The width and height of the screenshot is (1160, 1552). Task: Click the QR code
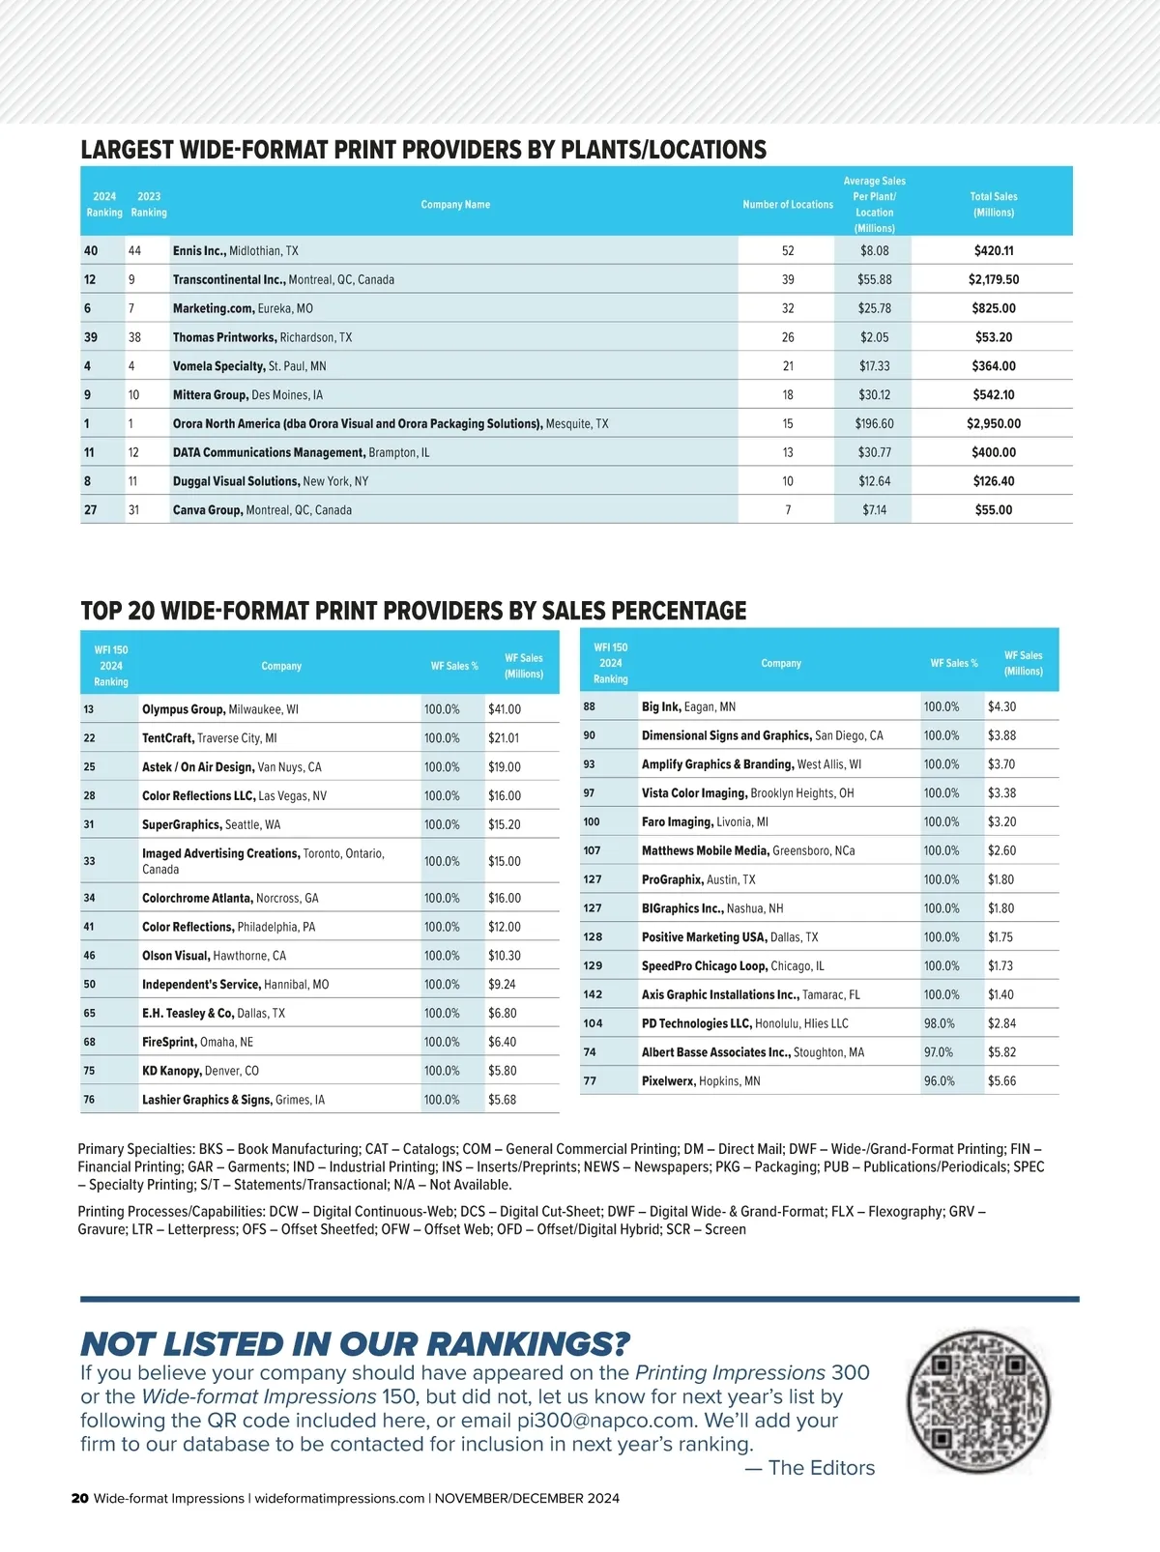click(x=978, y=1400)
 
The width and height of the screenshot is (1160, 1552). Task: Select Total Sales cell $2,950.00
click(x=993, y=423)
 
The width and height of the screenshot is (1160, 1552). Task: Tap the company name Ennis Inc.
click(x=199, y=250)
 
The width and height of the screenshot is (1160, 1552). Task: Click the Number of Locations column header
click(x=787, y=204)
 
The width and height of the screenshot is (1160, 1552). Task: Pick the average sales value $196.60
click(x=874, y=423)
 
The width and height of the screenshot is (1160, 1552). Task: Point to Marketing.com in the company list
click(x=214, y=308)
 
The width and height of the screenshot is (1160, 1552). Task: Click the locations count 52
click(x=788, y=250)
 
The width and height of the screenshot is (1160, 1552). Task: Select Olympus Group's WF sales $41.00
click(x=504, y=709)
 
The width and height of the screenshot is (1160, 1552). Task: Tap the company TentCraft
click(x=167, y=738)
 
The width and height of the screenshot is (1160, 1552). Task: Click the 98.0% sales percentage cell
click(x=939, y=1023)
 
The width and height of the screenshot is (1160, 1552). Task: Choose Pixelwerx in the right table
click(x=668, y=1081)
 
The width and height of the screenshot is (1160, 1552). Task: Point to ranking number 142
click(x=593, y=994)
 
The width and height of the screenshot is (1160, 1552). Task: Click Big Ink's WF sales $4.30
click(x=1001, y=706)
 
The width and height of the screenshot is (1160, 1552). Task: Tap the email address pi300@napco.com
click(x=606, y=1421)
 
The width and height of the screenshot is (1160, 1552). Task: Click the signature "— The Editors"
click(x=809, y=1468)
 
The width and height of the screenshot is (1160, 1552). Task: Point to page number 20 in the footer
click(x=79, y=1499)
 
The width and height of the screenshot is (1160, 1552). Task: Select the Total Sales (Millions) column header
click(x=993, y=204)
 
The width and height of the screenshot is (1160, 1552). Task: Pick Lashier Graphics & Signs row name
click(x=206, y=1100)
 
